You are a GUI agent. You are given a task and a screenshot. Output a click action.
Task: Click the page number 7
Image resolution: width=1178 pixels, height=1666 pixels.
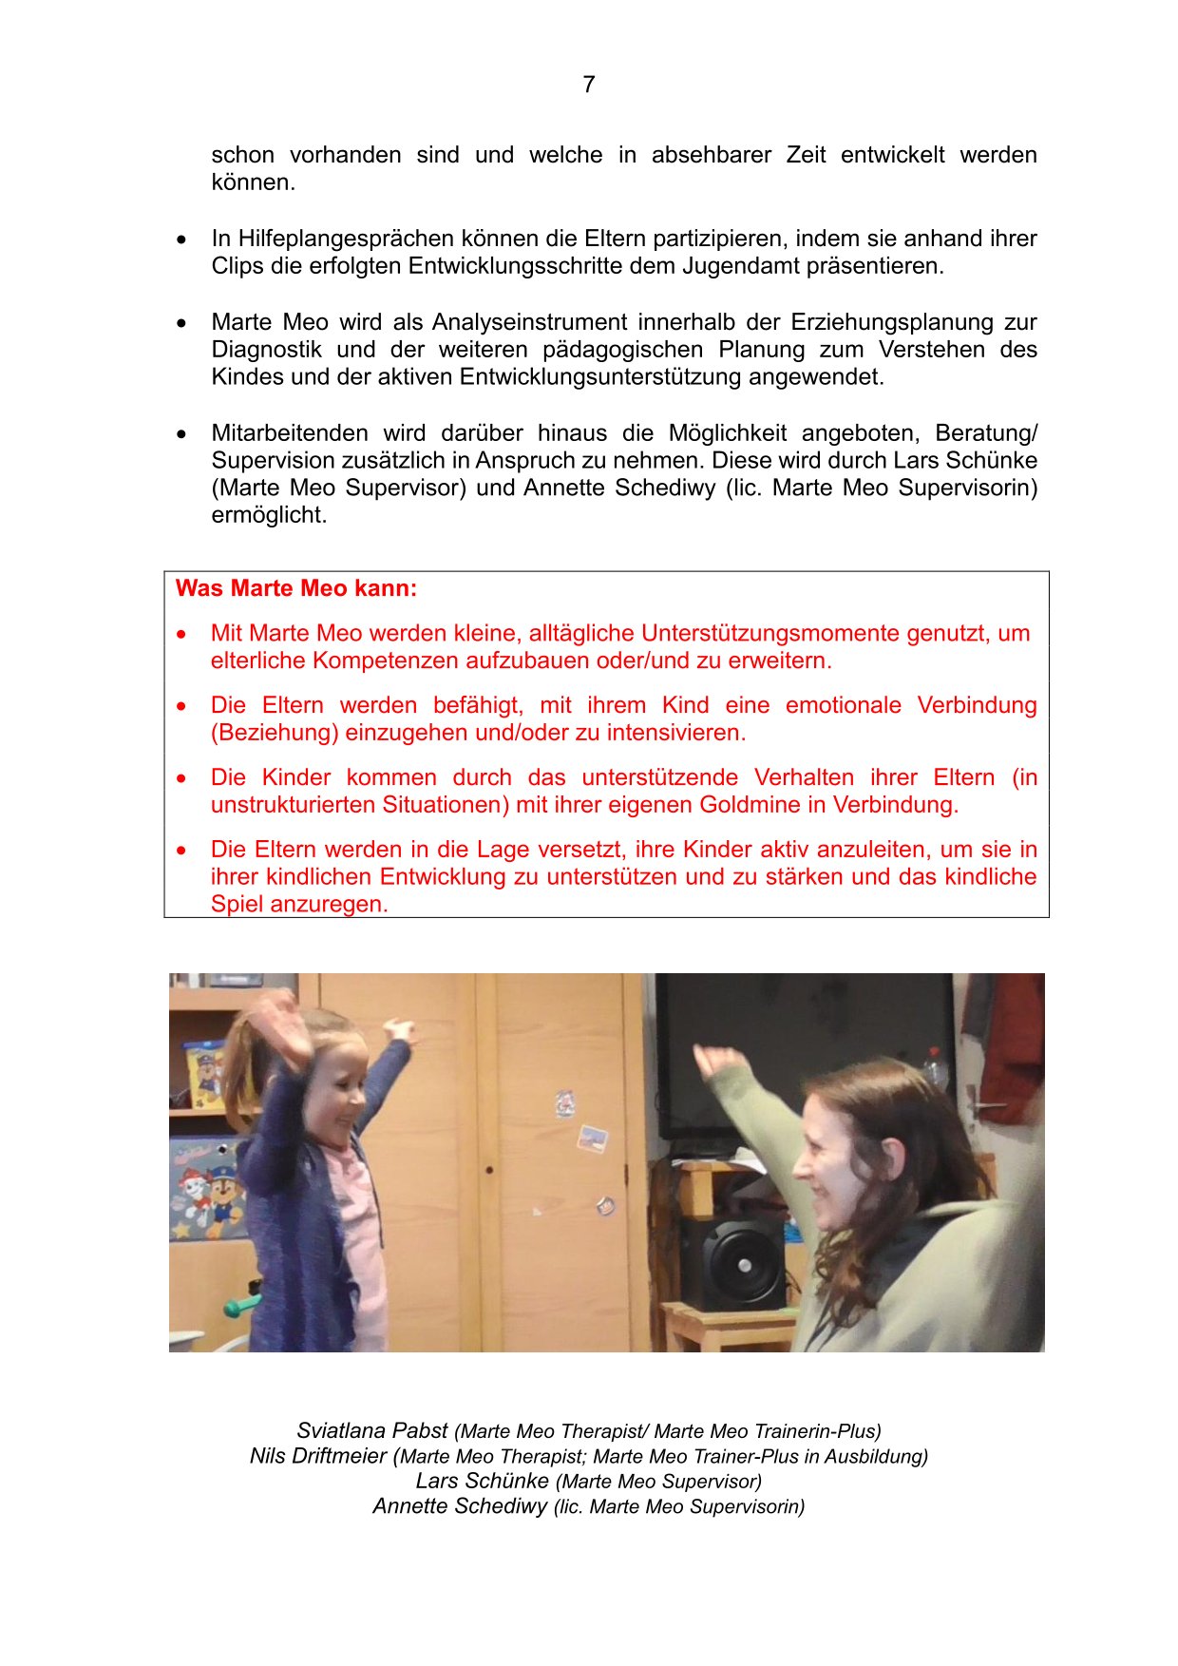pos(589,85)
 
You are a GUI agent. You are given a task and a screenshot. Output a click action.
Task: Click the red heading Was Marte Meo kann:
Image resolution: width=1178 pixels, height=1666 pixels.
pos(296,588)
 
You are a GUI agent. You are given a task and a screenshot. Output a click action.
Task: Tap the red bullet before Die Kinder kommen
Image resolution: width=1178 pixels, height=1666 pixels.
pos(181,778)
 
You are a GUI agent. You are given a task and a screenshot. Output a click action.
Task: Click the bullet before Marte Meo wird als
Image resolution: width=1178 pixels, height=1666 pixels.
pos(181,323)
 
